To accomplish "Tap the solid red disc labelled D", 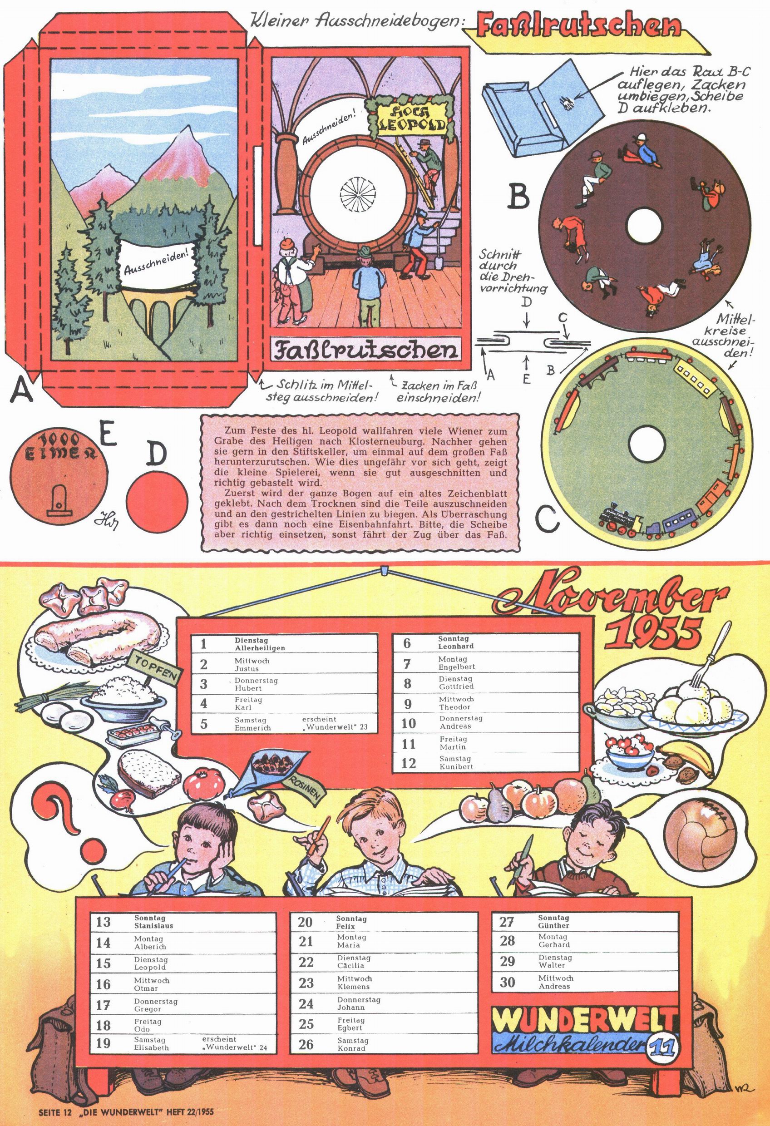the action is pyautogui.click(x=157, y=500).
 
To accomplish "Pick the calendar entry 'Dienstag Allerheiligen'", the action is pyautogui.click(x=260, y=644).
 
